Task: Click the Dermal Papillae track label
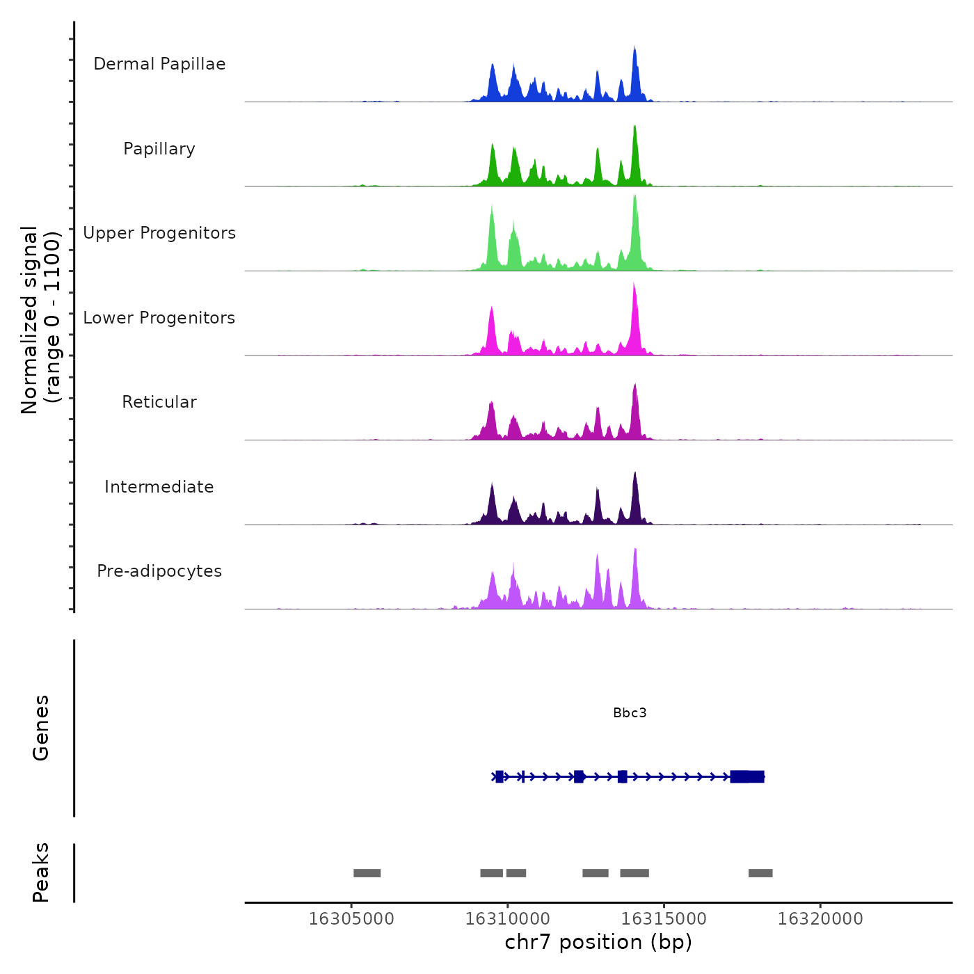point(159,64)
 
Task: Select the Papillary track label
point(159,149)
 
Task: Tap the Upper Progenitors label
point(159,233)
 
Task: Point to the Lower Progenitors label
point(159,318)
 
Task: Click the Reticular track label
point(159,402)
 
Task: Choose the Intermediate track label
point(159,487)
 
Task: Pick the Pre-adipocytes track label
point(159,571)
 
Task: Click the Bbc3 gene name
point(630,712)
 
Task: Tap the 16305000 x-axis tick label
point(351,919)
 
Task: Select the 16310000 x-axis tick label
point(508,919)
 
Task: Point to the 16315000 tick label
point(664,919)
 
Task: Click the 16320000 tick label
point(820,919)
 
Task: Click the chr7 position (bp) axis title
point(598,942)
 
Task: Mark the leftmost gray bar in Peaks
point(367,873)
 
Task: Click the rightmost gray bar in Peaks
point(760,873)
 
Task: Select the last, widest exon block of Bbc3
point(747,776)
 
